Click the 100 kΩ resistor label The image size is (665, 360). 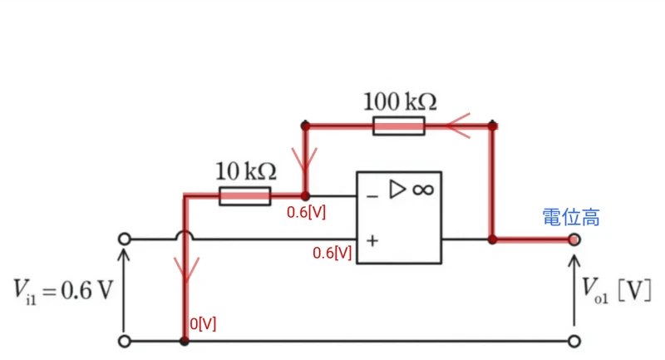[400, 101]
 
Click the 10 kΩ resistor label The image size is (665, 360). [246, 171]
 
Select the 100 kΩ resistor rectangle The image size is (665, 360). [399, 126]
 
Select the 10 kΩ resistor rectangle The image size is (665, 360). [244, 196]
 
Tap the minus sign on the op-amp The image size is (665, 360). [372, 196]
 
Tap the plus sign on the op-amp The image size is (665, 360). [372, 241]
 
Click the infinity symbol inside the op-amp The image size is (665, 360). [423, 190]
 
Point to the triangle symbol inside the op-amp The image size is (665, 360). [397, 189]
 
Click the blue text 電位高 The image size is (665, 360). [571, 217]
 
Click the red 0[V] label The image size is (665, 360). [203, 324]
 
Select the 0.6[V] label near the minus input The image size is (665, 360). [306, 212]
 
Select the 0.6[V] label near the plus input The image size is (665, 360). [332, 253]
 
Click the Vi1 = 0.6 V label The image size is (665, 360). [63, 291]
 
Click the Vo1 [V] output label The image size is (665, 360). [616, 290]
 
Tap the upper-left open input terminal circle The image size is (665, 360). [124, 239]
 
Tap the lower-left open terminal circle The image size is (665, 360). [124, 342]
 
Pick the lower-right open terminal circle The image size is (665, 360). [574, 342]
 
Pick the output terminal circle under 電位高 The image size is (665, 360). [574, 240]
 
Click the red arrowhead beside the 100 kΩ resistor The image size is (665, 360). [458, 126]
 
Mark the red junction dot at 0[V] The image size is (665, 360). [185, 341]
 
